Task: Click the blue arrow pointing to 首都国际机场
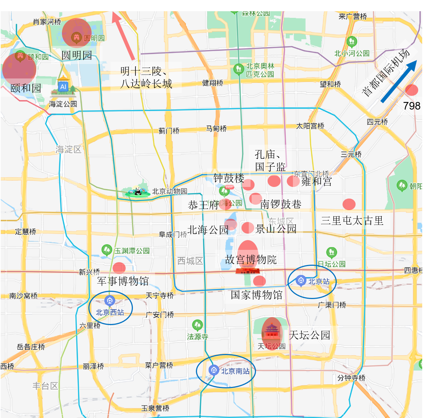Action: (399, 82)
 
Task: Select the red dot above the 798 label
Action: (411, 90)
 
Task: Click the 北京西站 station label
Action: (110, 312)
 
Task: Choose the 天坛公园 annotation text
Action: (310, 335)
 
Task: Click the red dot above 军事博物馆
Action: (119, 268)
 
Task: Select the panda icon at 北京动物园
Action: (137, 191)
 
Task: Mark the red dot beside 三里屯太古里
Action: (349, 204)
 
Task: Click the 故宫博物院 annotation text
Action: (251, 259)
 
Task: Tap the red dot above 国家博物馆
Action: (259, 281)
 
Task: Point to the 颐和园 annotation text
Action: (26, 88)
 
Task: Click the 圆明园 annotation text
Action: (76, 55)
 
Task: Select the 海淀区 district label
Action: (68, 149)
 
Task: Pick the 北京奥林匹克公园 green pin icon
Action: (238, 68)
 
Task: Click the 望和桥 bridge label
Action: (330, 84)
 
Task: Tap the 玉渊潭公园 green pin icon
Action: (107, 249)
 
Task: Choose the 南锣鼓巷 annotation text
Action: (281, 204)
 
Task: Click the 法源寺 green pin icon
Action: (197, 325)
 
